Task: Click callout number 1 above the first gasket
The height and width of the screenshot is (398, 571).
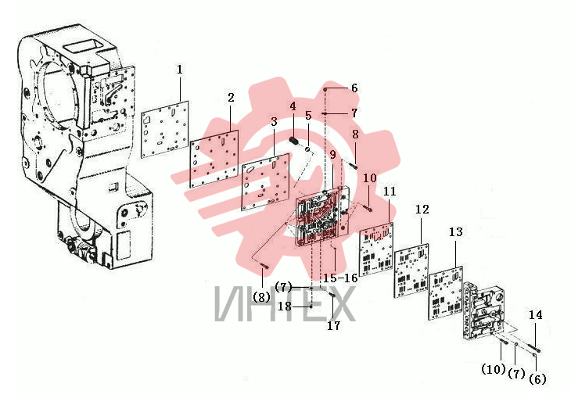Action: [180, 70]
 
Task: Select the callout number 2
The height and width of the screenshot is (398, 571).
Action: [231, 98]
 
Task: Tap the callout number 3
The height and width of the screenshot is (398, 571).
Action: [275, 122]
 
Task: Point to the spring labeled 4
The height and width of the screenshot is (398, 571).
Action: [294, 140]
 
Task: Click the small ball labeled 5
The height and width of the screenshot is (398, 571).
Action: [308, 149]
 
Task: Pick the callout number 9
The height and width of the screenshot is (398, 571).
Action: [332, 154]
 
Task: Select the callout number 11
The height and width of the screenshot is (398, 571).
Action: [390, 191]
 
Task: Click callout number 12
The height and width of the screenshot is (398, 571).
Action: [422, 209]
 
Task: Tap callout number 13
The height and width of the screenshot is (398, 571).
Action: [455, 231]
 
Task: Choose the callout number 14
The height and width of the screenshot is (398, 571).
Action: [535, 314]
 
